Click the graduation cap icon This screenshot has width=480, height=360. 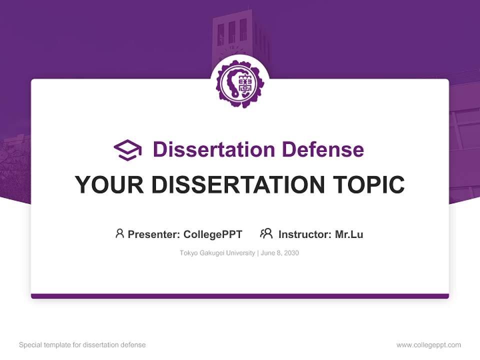128,149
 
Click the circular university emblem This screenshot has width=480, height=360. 239,84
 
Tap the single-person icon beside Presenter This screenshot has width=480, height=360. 119,233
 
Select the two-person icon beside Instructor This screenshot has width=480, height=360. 266,233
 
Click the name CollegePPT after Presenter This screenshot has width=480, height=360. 213,234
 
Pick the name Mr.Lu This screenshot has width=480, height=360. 349,234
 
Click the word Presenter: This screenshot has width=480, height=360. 154,234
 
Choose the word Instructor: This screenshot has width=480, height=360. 305,234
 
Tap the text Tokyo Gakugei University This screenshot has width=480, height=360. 217,253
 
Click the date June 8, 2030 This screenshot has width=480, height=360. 280,253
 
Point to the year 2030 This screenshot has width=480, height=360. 291,253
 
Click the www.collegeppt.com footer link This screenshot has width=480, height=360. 428,345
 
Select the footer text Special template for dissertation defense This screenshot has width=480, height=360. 82,345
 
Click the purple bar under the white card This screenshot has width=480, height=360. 239,296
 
